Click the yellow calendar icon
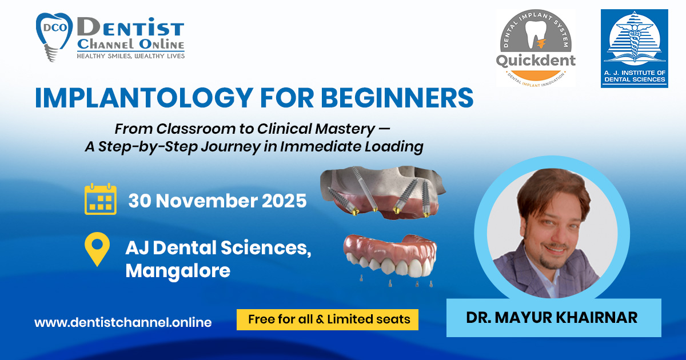click(x=101, y=199)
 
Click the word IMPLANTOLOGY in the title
click(x=144, y=98)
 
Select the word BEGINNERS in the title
click(x=397, y=98)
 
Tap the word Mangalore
click(x=178, y=271)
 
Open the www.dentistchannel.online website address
click(x=123, y=322)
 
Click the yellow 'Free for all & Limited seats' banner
click(x=328, y=319)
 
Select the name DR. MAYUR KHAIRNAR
click(x=552, y=318)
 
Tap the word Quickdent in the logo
click(x=536, y=61)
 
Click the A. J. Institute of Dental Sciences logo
click(x=634, y=49)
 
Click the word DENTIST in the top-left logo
click(x=131, y=27)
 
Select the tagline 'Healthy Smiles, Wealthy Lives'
click(x=131, y=56)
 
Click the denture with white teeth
click(x=390, y=255)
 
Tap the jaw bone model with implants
click(x=383, y=192)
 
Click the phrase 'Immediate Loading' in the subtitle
click(x=352, y=146)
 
